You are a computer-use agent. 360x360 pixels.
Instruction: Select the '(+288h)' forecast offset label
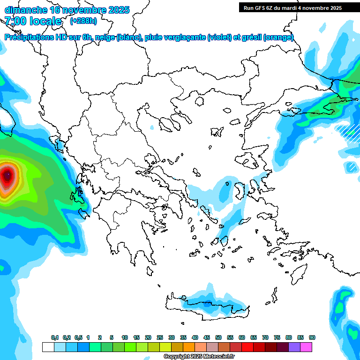[x=83, y=21]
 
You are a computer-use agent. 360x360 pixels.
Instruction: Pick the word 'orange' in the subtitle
[x=278, y=37]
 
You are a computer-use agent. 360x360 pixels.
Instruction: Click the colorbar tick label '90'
[x=312, y=337]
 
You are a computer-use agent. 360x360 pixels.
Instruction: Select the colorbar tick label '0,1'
[x=55, y=337]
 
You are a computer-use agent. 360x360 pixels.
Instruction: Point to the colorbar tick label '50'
[x=218, y=337]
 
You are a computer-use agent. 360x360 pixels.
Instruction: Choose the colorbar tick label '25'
[x=160, y=337]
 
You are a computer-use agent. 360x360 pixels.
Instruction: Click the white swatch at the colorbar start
[x=48, y=347]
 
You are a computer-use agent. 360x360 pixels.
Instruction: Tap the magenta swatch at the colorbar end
[x=307, y=347]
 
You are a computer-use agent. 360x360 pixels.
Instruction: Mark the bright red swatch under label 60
[x=247, y=347]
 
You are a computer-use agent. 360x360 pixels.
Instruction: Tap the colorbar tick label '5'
[x=112, y=337]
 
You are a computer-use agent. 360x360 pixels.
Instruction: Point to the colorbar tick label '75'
[x=277, y=337]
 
